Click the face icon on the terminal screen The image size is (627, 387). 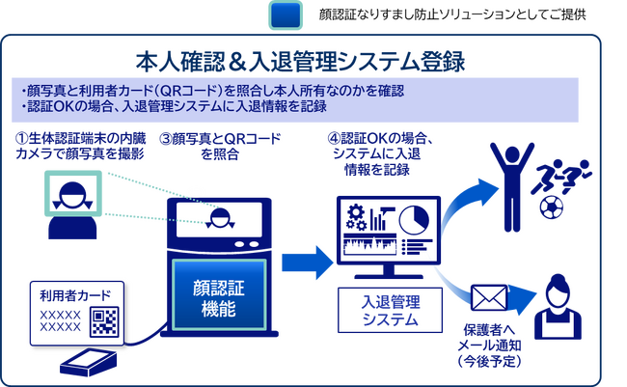pos(222,217)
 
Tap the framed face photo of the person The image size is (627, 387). pos(68,199)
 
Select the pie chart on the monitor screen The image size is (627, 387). pos(415,217)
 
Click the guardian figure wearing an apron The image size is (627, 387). pos(561,307)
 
